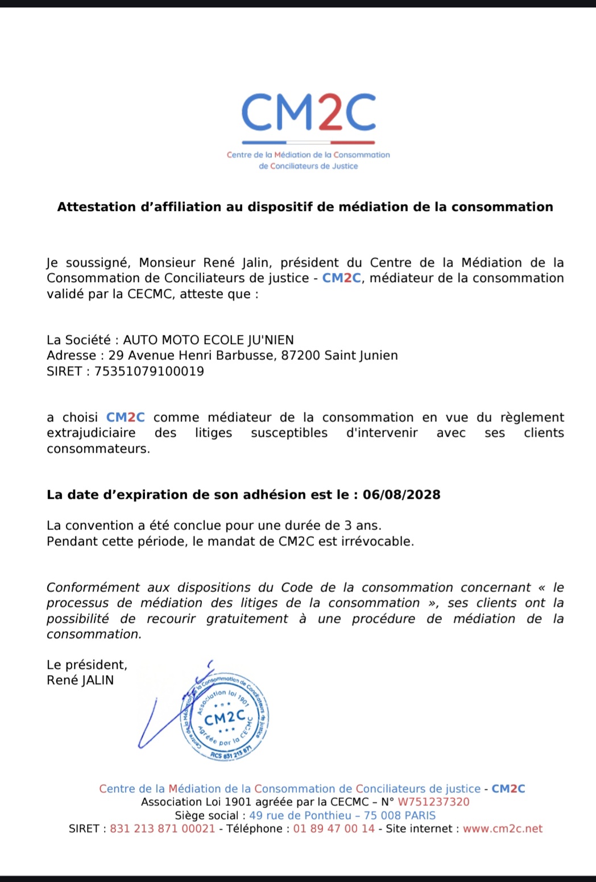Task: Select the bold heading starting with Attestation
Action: click(x=305, y=207)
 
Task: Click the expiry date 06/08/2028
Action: click(x=402, y=495)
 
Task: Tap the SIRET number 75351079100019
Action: click(x=149, y=371)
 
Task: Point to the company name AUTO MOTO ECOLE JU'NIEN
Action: click(x=209, y=340)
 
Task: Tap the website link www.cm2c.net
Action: click(x=503, y=829)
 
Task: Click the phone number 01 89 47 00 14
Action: click(x=334, y=829)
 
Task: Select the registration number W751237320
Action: click(x=433, y=802)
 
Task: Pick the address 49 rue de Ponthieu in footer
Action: click(x=300, y=815)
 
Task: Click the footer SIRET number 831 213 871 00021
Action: click(x=163, y=829)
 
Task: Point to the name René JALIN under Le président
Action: click(x=80, y=680)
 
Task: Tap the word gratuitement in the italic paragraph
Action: click(x=247, y=619)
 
